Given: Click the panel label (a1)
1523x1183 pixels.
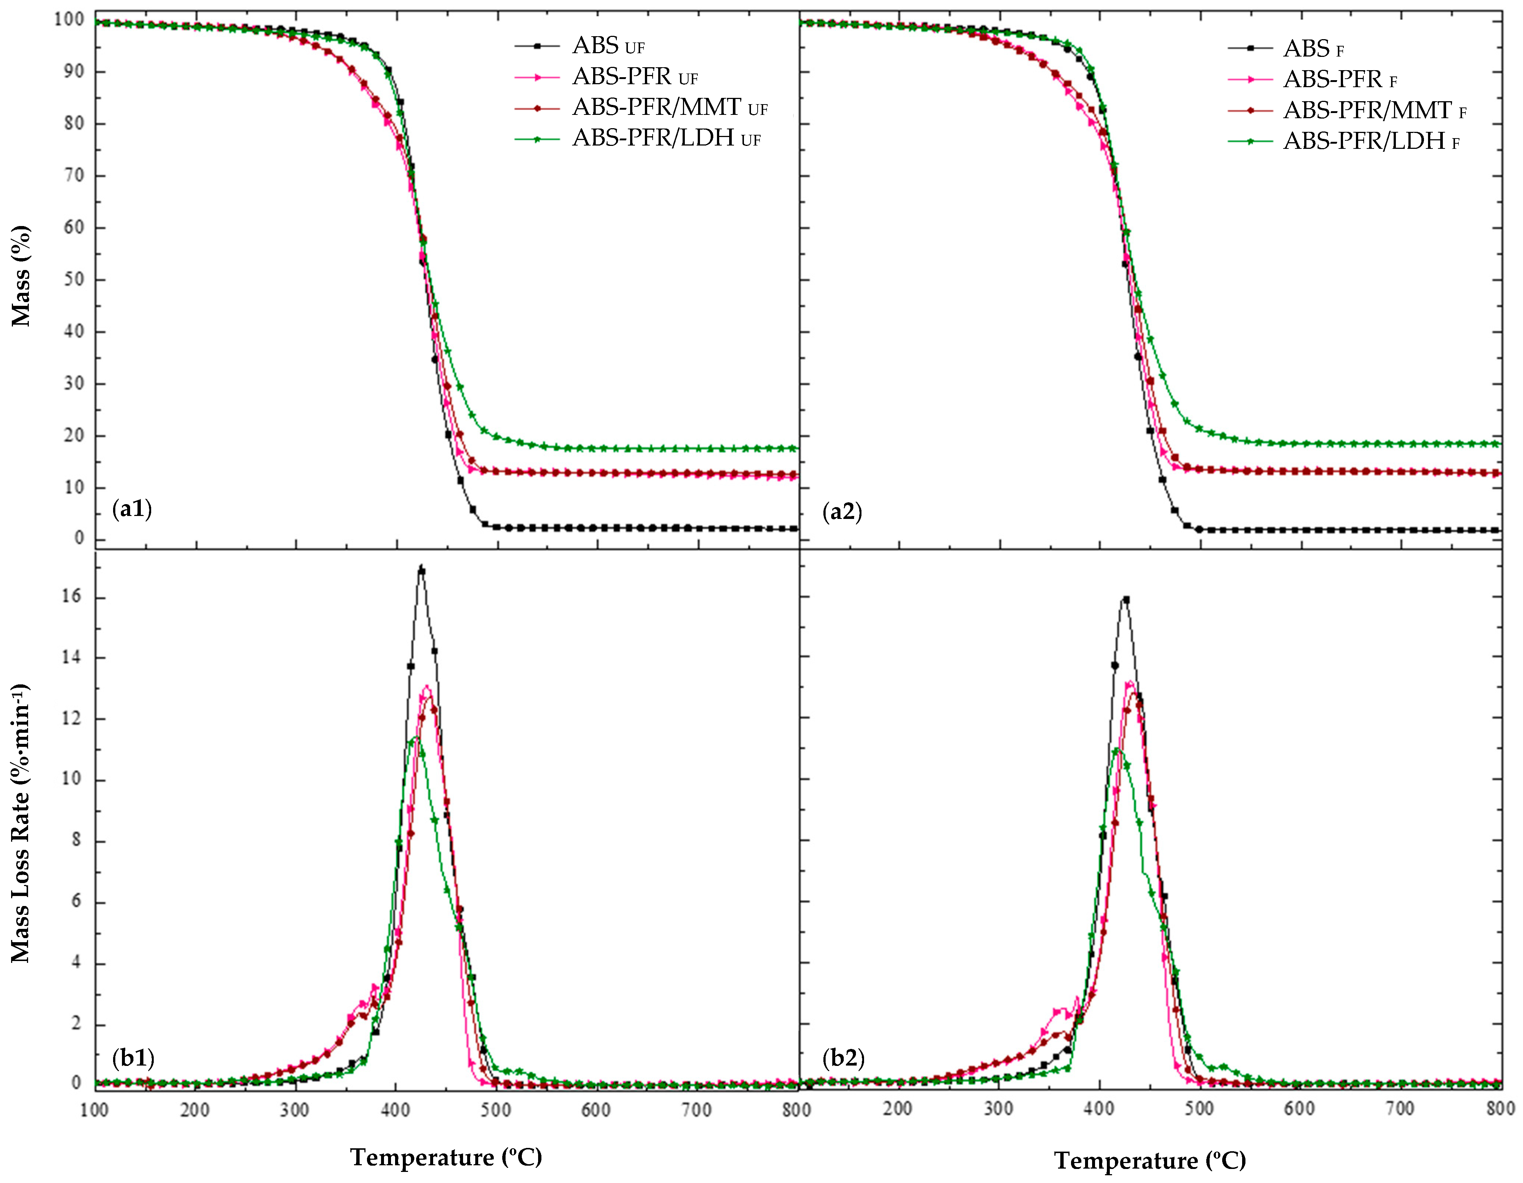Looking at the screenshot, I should tap(132, 510).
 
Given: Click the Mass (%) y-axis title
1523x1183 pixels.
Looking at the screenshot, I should tap(21, 276).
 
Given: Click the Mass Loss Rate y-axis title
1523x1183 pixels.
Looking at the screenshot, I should tap(21, 823).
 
